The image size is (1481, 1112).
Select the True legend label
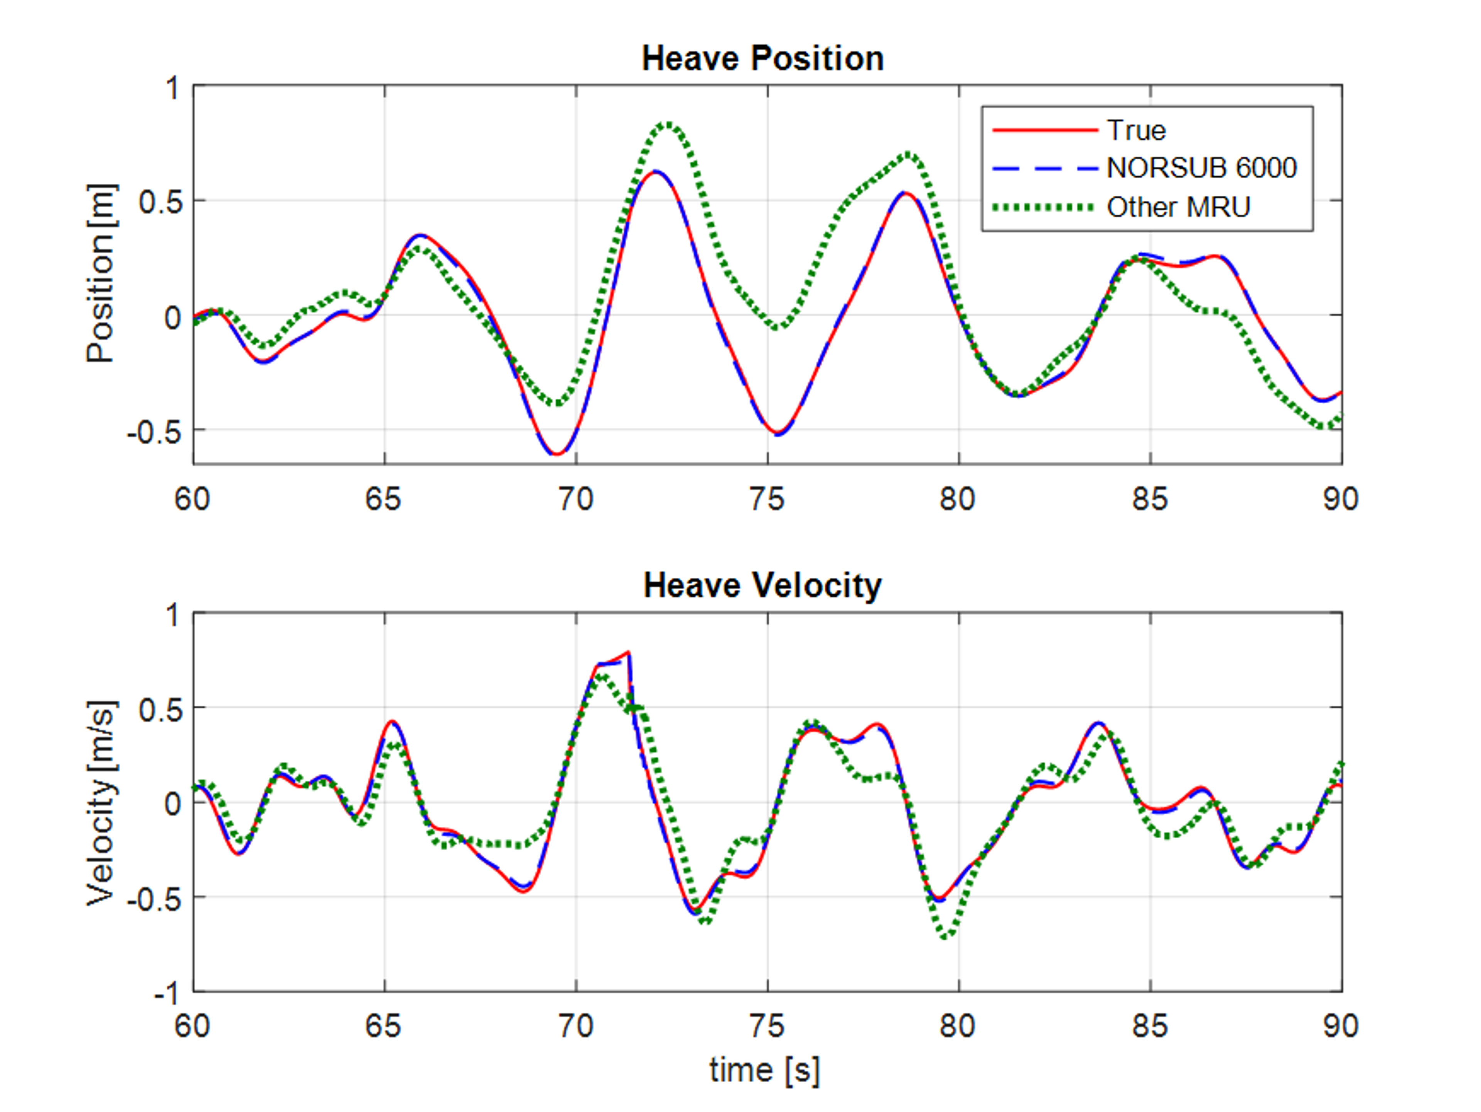[1136, 130]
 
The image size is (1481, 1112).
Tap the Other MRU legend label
[1178, 207]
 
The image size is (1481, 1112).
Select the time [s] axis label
[764, 1070]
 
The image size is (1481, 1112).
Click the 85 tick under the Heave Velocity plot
[1150, 1026]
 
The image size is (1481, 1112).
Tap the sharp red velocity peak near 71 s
[628, 652]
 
